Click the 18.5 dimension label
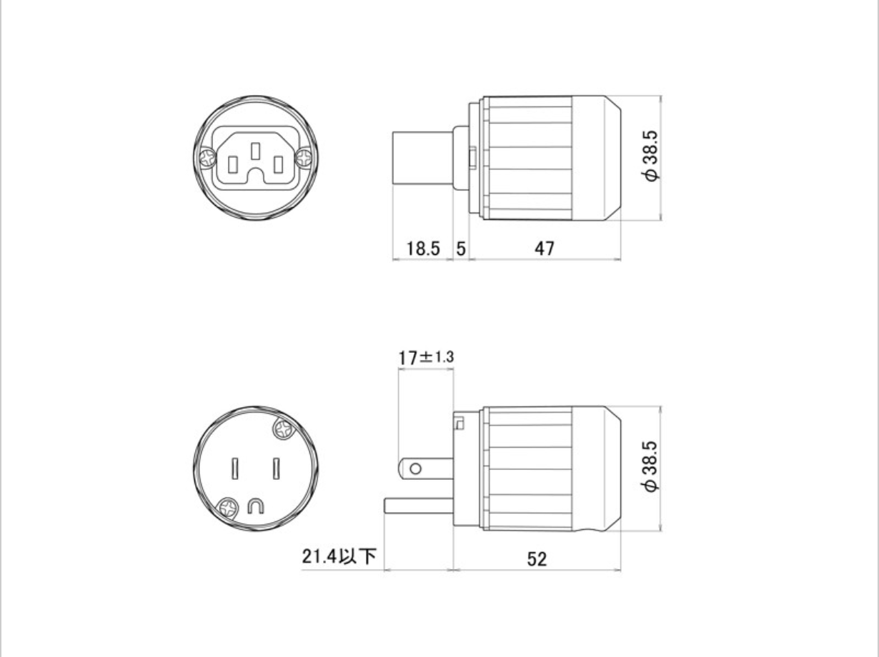[x=423, y=249]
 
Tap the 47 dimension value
[x=545, y=249]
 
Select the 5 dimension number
[x=461, y=249]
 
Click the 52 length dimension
[x=537, y=559]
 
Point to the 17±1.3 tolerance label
[x=426, y=357]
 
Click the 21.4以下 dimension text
[x=339, y=556]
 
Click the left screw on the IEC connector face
[x=208, y=157]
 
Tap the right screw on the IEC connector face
[x=304, y=157]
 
